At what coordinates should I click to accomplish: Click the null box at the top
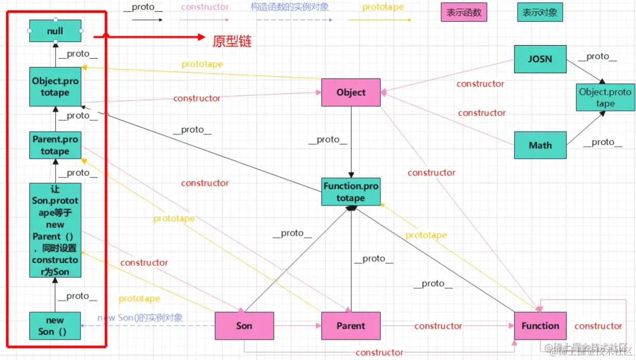tap(55, 31)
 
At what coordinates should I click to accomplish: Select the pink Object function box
tap(351, 92)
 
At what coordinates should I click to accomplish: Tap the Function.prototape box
tap(351, 192)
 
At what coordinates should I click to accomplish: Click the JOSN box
tap(540, 59)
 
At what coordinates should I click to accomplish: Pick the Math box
tap(540, 145)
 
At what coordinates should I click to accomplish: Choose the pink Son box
tap(244, 326)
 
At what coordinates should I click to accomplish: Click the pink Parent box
tap(351, 326)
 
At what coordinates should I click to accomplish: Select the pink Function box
tap(540, 326)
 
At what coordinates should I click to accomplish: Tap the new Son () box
tap(55, 326)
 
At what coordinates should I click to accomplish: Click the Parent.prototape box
tap(55, 145)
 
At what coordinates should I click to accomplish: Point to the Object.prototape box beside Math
tap(605, 98)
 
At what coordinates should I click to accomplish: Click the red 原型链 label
tap(232, 42)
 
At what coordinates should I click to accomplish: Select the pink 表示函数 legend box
tap(463, 12)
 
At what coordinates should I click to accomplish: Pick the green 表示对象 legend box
tap(540, 12)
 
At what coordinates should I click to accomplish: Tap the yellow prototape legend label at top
tap(383, 7)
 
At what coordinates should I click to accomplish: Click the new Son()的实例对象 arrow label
tap(140, 317)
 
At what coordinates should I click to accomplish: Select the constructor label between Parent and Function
tap(438, 326)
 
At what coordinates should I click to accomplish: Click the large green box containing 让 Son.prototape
tap(55, 230)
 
